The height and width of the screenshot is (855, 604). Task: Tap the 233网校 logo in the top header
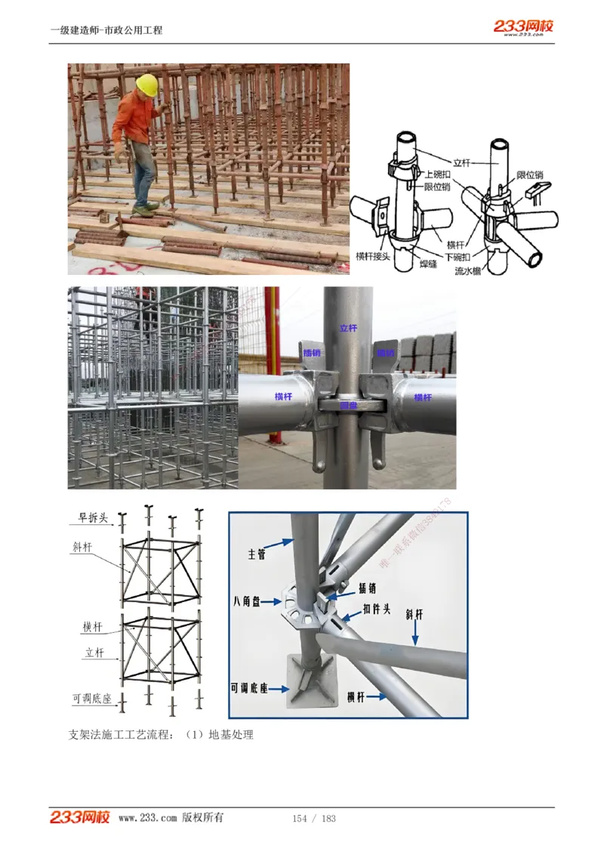point(524,27)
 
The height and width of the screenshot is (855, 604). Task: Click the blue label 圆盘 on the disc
point(349,405)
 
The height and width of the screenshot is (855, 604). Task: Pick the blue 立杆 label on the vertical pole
point(348,328)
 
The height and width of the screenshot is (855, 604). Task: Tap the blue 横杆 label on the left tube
point(284,396)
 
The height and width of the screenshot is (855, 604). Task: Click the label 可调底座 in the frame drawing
point(92,699)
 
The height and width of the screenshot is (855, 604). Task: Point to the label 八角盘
point(247,602)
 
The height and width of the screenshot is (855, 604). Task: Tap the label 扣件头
point(375,609)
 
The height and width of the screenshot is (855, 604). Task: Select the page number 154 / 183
point(314,819)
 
